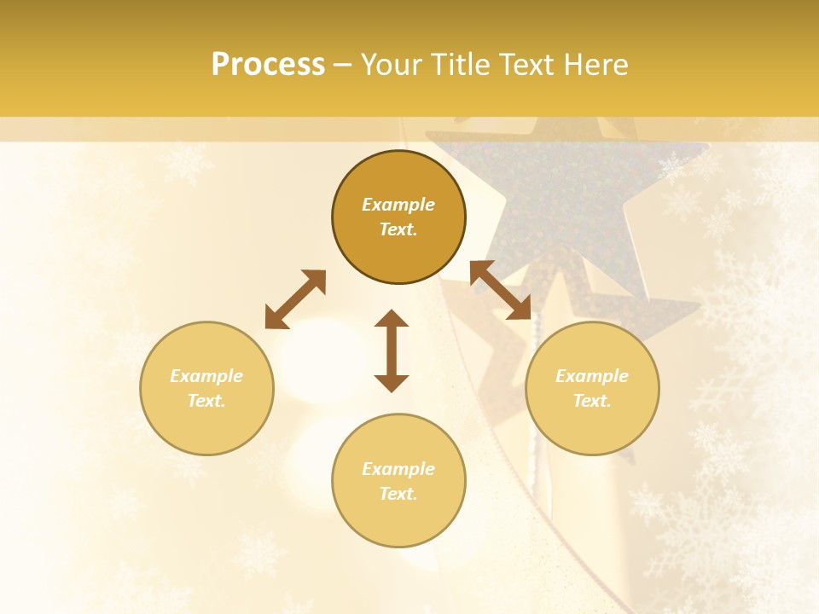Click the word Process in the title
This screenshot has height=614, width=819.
(x=268, y=65)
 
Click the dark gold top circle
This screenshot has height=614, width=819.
(x=398, y=247)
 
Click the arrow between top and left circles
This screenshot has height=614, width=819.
(x=295, y=299)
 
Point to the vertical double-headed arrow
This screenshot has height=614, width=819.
(x=392, y=350)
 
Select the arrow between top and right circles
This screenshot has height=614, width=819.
(x=501, y=290)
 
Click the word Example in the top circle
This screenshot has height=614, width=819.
(x=398, y=205)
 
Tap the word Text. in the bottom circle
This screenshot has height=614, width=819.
(x=398, y=494)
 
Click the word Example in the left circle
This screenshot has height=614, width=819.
(x=206, y=376)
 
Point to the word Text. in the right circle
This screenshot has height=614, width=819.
(x=592, y=401)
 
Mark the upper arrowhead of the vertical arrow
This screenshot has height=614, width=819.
(x=392, y=318)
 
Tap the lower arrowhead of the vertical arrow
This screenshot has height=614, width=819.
(x=392, y=383)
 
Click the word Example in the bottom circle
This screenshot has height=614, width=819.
(x=398, y=469)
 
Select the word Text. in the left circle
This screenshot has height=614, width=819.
(x=206, y=401)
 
